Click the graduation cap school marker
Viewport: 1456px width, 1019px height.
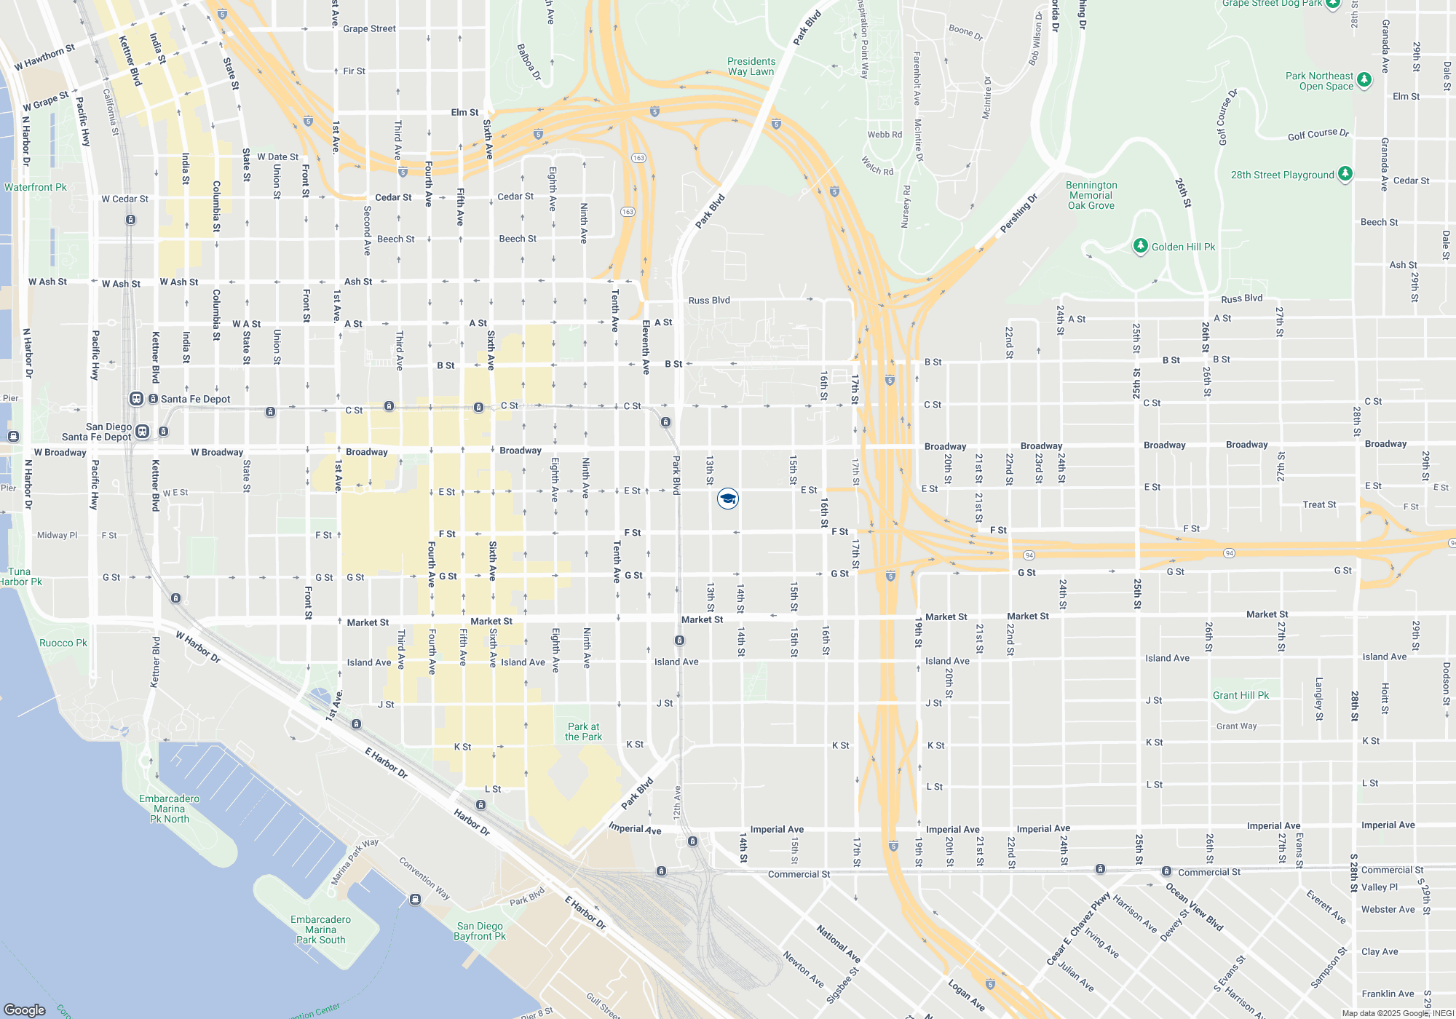(728, 499)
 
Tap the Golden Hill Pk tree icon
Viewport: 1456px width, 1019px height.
(1141, 246)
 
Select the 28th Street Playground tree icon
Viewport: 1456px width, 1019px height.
(1345, 174)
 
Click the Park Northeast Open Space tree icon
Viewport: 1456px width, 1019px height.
(1364, 80)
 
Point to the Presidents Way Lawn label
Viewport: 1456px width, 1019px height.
(751, 66)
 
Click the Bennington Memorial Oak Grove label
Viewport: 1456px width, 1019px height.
(1091, 195)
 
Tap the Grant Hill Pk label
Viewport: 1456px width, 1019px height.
(1241, 695)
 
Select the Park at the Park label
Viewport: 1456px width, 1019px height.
(583, 731)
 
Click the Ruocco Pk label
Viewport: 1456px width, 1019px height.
(63, 643)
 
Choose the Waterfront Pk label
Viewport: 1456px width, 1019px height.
(35, 187)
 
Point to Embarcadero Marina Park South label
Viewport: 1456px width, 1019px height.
(320, 929)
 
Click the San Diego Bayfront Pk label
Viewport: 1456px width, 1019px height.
(480, 931)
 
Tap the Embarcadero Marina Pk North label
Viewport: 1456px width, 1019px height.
(170, 809)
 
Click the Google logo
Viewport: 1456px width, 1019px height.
(25, 1010)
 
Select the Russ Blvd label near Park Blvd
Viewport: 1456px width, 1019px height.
(709, 300)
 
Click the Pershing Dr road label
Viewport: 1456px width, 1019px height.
(1018, 213)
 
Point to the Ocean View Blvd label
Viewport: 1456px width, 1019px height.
(1194, 907)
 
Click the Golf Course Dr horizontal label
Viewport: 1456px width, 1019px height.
(1318, 134)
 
